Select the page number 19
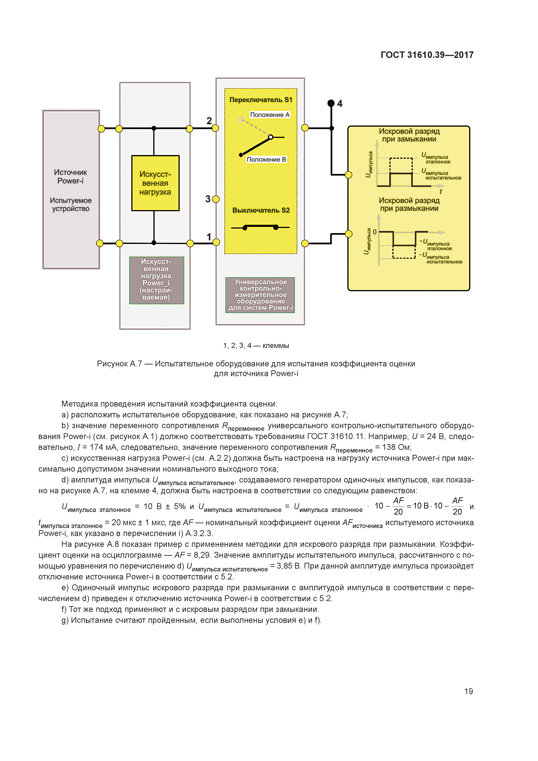468,691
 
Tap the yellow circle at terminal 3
216,199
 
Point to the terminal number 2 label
209,121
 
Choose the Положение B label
266,159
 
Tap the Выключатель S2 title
261,210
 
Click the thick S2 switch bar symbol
260,227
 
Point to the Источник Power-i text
70,176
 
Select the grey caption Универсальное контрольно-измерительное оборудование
260,295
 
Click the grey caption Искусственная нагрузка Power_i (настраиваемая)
156,280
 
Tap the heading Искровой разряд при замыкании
409,135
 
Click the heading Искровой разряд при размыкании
409,204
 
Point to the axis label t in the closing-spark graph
441,192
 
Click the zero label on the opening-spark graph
375,232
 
